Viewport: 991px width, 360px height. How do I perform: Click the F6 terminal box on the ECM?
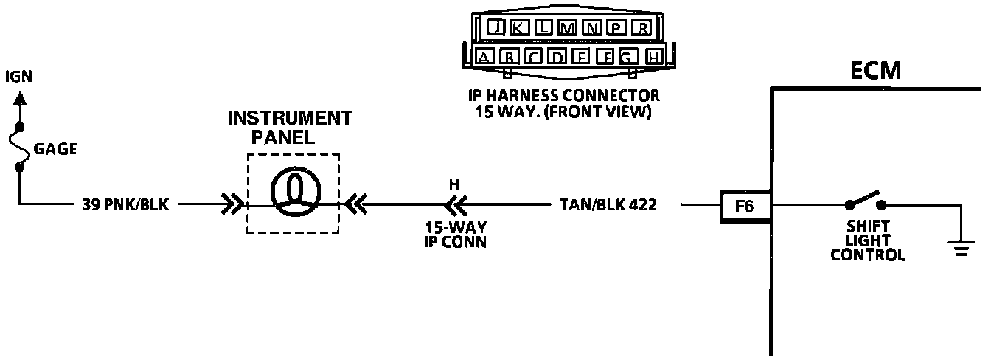(x=745, y=206)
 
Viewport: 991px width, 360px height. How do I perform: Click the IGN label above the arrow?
(x=19, y=77)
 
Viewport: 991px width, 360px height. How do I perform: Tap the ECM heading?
(x=876, y=71)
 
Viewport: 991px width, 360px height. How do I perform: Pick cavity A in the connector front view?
(x=484, y=57)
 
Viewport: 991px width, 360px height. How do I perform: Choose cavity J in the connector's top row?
(x=498, y=28)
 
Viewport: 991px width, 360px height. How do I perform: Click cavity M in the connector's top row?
(x=568, y=28)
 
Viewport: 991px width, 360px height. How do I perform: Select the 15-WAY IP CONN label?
(x=455, y=234)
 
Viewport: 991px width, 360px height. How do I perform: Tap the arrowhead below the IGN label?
(x=20, y=96)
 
